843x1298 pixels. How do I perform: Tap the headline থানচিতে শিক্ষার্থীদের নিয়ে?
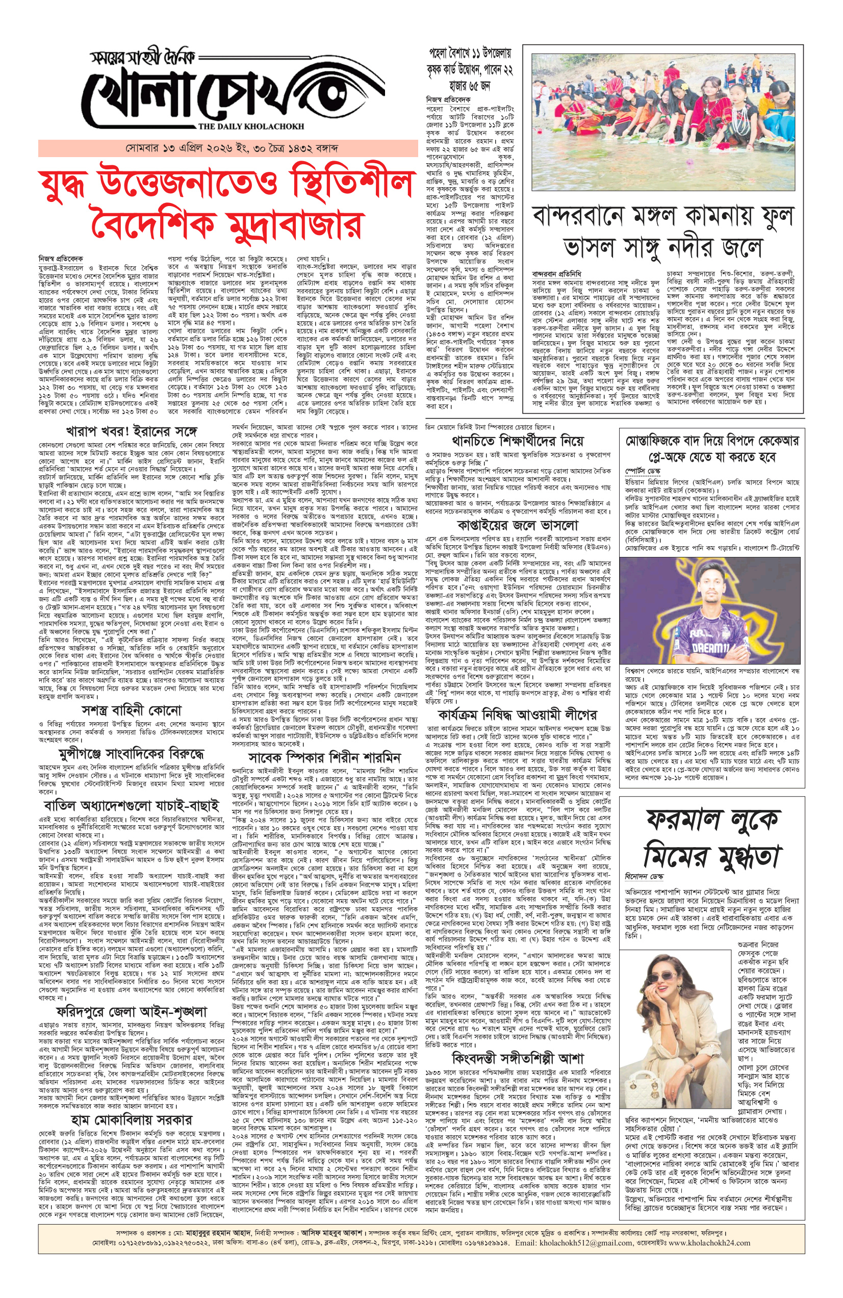point(518,440)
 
